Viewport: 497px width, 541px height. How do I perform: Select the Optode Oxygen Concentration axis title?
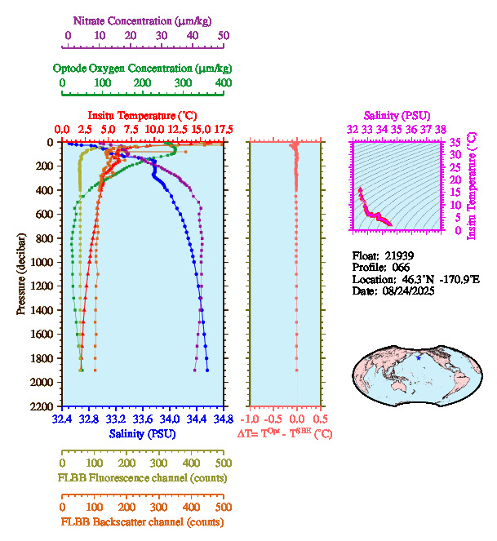(x=142, y=68)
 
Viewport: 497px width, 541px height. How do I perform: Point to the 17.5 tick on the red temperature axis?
(x=224, y=130)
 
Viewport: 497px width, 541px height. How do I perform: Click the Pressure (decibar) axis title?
(x=20, y=273)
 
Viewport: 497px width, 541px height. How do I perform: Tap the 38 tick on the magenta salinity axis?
(x=440, y=129)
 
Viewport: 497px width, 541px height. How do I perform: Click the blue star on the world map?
(x=419, y=358)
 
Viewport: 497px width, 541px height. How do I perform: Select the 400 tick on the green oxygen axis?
(x=223, y=83)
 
